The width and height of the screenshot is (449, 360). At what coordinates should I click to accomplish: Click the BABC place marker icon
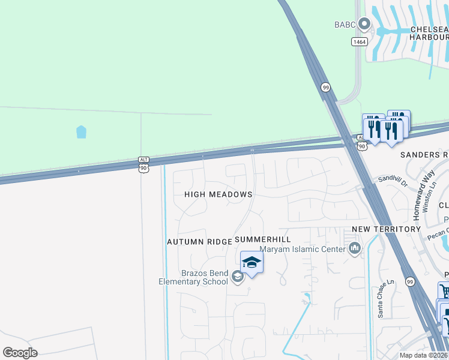coord(364,25)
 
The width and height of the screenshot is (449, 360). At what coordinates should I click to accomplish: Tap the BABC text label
coord(345,25)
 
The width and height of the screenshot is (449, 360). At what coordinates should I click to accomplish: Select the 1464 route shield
coord(359,41)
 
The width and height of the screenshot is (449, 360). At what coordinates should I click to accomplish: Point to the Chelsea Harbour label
coord(429,32)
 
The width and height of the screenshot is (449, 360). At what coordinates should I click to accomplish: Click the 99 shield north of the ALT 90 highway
coord(325,87)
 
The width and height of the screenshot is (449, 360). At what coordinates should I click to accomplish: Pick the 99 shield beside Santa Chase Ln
coord(410,281)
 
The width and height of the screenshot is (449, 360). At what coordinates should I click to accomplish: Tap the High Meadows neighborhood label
coord(218,194)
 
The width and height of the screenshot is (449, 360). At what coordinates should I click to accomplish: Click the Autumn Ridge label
coord(199,241)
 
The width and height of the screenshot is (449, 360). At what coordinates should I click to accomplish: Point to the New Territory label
coord(386,229)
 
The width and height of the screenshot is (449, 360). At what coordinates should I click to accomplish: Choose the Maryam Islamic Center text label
coord(302,249)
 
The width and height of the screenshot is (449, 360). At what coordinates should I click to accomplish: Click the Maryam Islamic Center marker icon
coord(355,248)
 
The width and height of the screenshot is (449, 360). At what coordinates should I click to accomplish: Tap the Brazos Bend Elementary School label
coord(193,277)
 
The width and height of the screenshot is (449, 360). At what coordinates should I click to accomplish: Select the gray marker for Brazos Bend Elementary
coord(238,276)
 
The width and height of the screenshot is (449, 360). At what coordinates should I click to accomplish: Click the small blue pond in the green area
coord(81,132)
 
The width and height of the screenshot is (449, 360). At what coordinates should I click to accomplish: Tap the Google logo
coord(20,353)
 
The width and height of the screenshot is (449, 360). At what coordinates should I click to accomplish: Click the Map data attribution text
coord(423,355)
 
